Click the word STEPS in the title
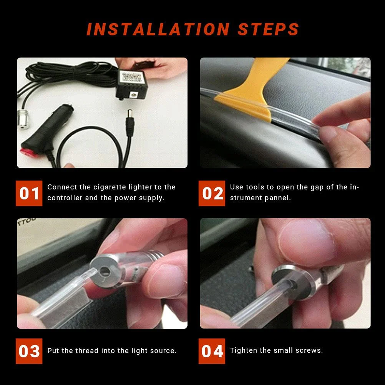(268, 30)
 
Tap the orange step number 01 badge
(29, 193)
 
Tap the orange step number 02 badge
(212, 193)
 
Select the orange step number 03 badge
(29, 351)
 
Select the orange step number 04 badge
(212, 351)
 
